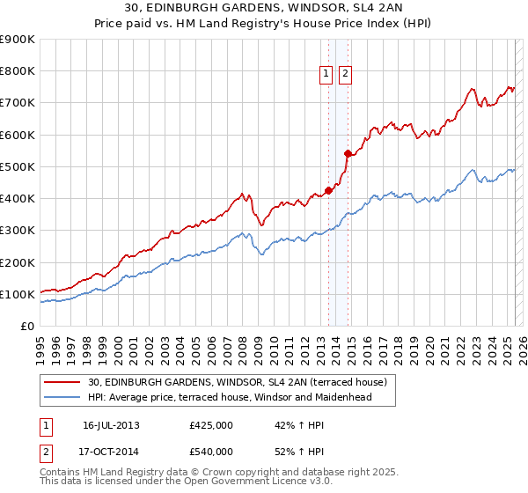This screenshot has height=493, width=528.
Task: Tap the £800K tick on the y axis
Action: (x=18, y=71)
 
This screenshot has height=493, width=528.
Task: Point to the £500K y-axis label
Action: (x=18, y=167)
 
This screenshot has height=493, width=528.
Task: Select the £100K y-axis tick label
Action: (x=18, y=295)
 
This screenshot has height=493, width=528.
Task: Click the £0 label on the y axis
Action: (x=26, y=327)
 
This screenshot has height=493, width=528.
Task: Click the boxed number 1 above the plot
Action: (x=326, y=75)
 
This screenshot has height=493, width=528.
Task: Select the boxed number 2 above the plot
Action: (x=344, y=75)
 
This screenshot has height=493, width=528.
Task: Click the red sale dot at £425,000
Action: (x=328, y=189)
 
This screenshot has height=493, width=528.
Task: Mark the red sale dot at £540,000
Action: (x=348, y=153)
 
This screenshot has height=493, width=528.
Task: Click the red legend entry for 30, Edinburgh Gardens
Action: (x=243, y=382)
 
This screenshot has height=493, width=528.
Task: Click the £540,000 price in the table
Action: (x=211, y=452)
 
